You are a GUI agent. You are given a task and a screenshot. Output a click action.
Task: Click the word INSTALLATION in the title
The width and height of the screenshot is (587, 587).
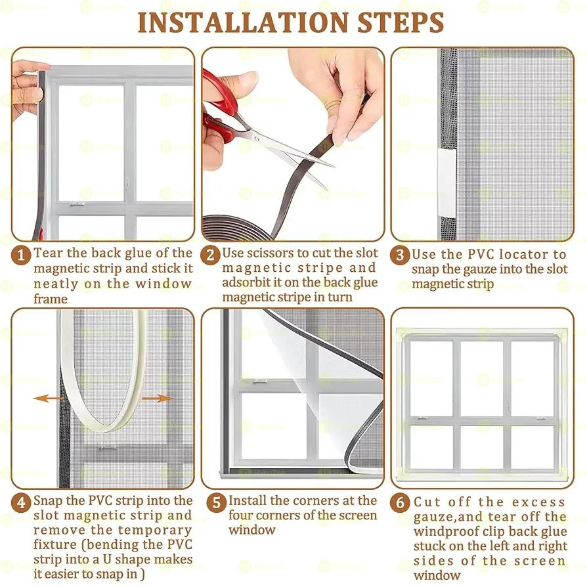(x=244, y=22)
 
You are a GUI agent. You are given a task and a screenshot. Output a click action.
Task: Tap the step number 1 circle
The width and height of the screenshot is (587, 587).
(x=20, y=255)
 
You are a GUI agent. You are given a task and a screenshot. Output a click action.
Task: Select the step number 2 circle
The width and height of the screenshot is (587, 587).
(x=211, y=255)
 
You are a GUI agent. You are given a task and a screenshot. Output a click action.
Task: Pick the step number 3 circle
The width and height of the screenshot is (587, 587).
(x=400, y=255)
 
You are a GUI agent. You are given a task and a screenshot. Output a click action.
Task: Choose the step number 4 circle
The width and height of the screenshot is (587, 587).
(x=20, y=502)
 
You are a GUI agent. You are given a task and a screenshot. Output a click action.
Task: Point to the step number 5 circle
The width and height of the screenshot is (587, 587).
(x=217, y=502)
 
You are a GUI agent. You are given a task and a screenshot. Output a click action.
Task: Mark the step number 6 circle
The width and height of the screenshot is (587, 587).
(x=400, y=502)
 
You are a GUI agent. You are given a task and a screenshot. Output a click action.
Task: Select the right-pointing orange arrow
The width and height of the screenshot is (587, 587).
(x=157, y=399)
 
